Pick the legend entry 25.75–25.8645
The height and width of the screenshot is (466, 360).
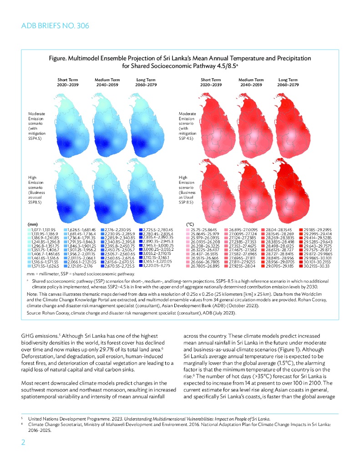[206, 229]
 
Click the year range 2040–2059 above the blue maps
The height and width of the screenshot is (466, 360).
[106, 85]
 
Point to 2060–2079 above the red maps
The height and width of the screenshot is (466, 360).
[288, 85]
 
